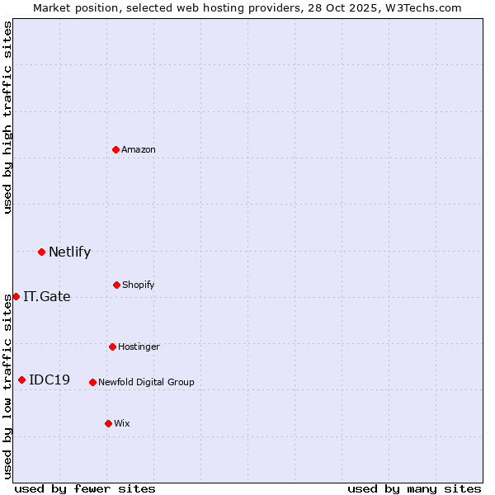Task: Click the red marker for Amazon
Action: (x=116, y=149)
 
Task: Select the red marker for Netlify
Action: (x=41, y=252)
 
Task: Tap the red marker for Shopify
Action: (x=116, y=285)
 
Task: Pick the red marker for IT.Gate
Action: (x=16, y=296)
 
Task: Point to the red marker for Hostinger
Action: (x=112, y=346)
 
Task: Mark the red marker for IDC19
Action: (x=21, y=379)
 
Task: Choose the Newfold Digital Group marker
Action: (x=92, y=382)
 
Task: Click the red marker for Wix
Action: (x=108, y=423)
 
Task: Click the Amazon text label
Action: (x=139, y=150)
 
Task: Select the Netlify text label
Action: (x=69, y=252)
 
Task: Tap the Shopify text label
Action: (x=139, y=285)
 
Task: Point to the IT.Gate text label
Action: (x=47, y=297)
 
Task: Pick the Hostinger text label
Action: (x=139, y=347)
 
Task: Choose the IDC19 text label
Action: (x=49, y=380)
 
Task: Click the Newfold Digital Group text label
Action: (x=146, y=383)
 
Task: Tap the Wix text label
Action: (x=122, y=424)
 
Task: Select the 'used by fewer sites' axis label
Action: (x=85, y=488)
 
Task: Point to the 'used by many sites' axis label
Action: (x=414, y=488)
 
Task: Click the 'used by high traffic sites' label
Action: (x=7, y=117)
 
